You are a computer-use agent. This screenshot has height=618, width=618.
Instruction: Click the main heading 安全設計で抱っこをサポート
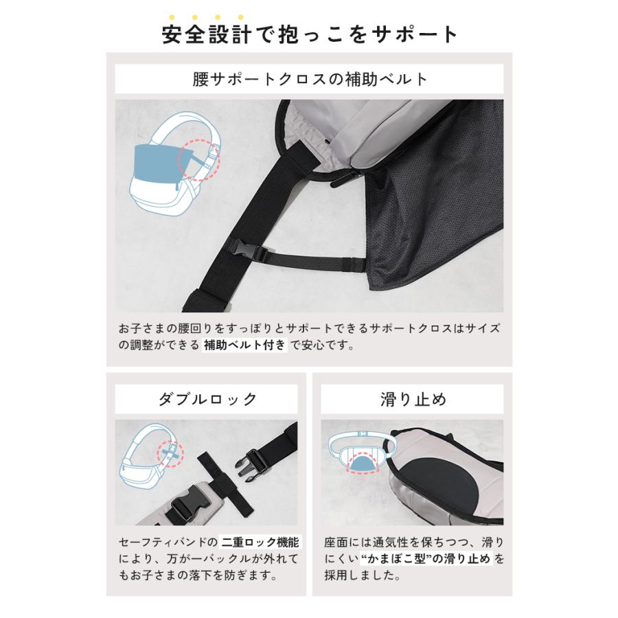click(309, 34)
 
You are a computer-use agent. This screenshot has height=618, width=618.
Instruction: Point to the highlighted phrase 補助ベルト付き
click(244, 346)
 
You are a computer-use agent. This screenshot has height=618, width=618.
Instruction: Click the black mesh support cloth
click(439, 227)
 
